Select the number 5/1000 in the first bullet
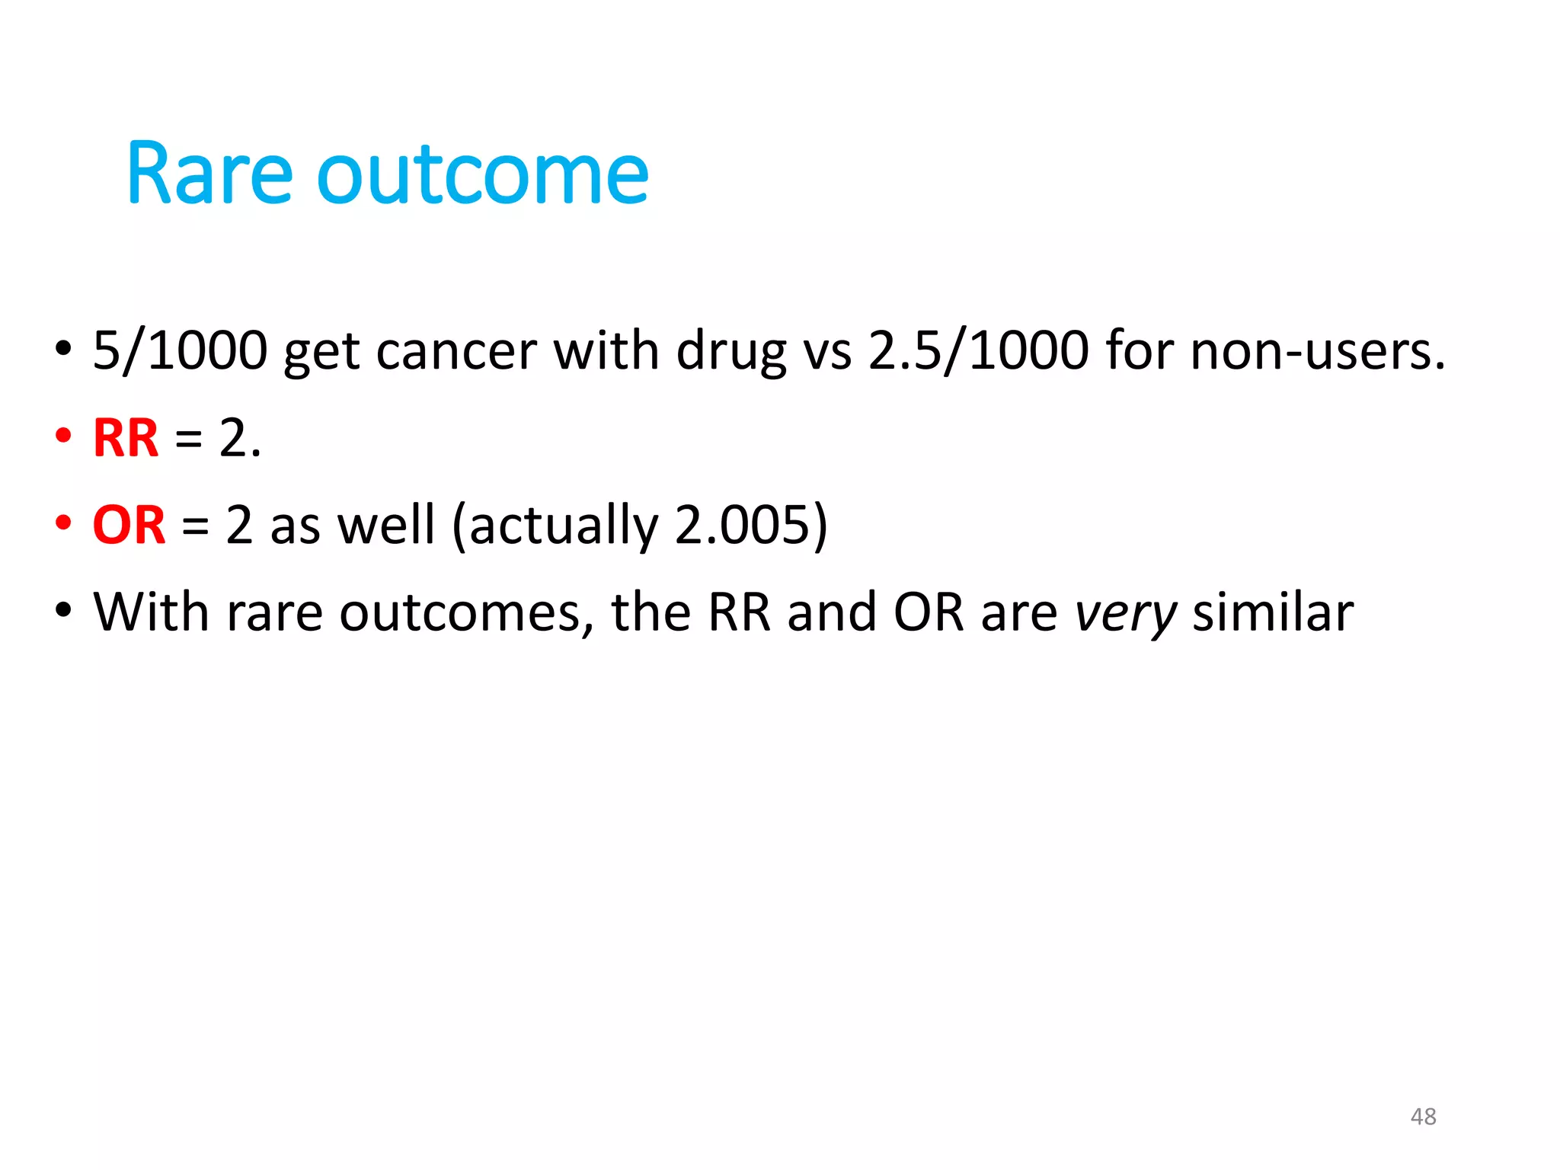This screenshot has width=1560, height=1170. pyautogui.click(x=180, y=350)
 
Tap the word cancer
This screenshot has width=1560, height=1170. pyautogui.click(x=456, y=352)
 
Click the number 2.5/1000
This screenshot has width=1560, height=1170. pyautogui.click(x=979, y=350)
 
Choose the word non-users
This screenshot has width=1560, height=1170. pyautogui.click(x=1317, y=352)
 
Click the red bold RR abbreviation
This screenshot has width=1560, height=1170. pyautogui.click(x=126, y=438)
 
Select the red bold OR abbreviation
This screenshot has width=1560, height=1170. pyautogui.click(x=129, y=525)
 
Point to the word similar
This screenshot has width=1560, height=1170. pyautogui.click(x=1273, y=612)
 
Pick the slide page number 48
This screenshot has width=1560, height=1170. pyautogui.click(x=1423, y=1117)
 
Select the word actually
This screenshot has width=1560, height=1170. pyautogui.click(x=563, y=526)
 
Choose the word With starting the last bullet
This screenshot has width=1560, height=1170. pyautogui.click(x=151, y=612)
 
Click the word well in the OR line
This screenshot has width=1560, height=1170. pyautogui.click(x=385, y=525)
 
